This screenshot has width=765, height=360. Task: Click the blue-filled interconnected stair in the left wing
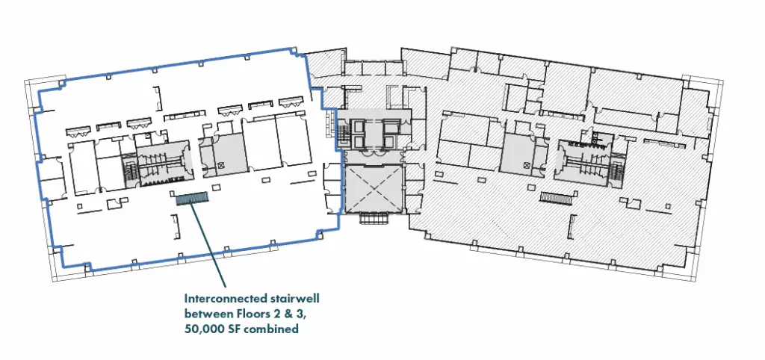tap(192, 199)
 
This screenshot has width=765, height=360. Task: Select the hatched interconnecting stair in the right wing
tap(557, 197)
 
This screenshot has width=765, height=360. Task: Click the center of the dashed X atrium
tap(374, 189)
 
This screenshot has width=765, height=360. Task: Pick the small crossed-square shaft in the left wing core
tap(221, 165)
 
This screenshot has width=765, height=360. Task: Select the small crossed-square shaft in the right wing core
tap(526, 165)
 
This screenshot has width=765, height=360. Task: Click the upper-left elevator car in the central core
tap(360, 126)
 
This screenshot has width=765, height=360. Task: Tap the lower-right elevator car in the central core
tap(391, 141)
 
